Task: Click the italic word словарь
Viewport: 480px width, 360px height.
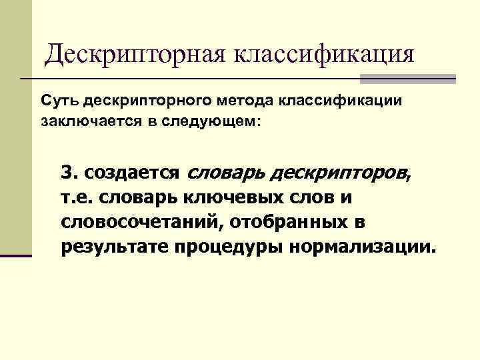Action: tap(224, 173)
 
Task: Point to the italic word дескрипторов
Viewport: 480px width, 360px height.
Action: tap(338, 173)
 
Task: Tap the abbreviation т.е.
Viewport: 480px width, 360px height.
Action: tap(78, 198)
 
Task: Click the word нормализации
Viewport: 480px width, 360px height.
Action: tap(363, 247)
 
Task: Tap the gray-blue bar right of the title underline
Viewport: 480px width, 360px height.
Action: tap(408, 79)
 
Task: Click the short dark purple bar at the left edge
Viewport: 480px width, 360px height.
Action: tap(16, 255)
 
